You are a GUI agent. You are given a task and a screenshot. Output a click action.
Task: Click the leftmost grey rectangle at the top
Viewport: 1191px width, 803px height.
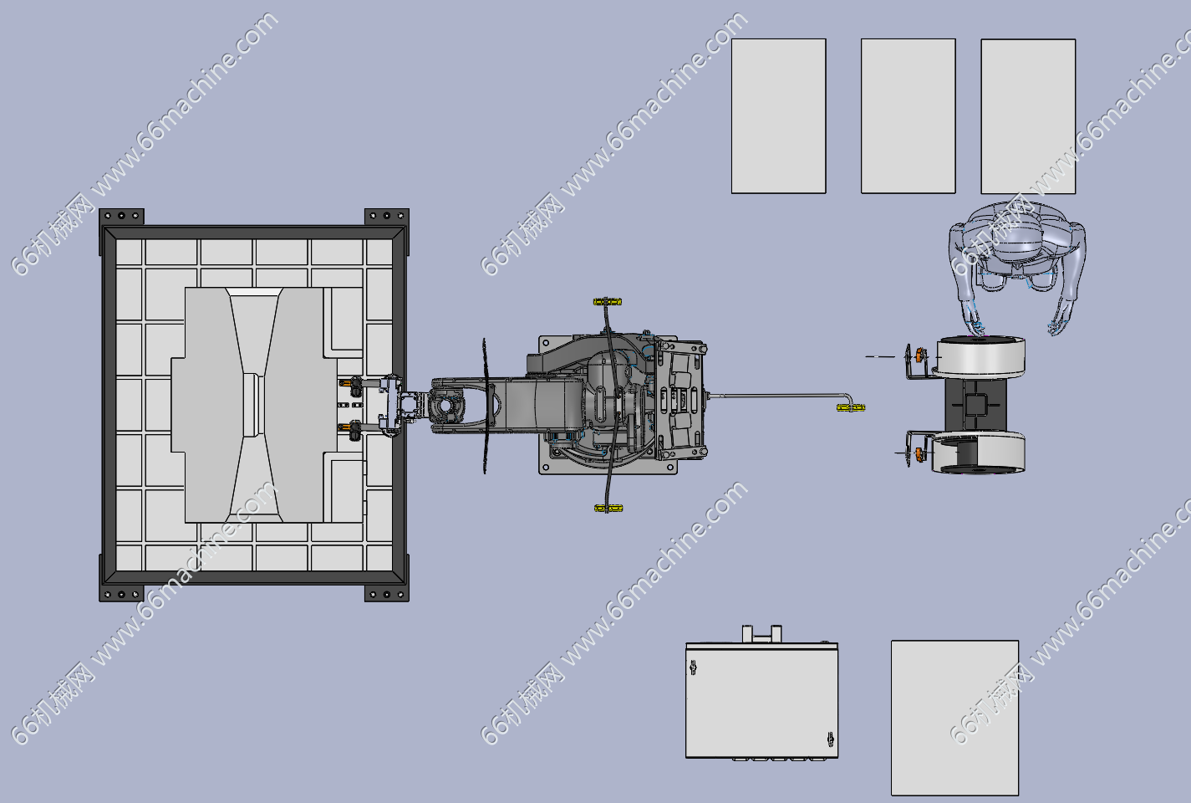[x=778, y=116]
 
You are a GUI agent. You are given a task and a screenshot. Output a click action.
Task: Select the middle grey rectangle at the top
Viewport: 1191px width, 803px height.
[x=909, y=116]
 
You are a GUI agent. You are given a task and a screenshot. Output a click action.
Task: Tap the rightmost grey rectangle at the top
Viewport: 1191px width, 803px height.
[x=1028, y=116]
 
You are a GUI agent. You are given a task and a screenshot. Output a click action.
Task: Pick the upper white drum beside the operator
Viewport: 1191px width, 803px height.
[x=980, y=356]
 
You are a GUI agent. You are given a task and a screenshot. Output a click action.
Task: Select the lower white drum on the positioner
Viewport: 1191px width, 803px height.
[x=979, y=453]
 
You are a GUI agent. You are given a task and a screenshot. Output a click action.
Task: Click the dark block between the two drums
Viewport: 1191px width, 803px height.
[x=975, y=405]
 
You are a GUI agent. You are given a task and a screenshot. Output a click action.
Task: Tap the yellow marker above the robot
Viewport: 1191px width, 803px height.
[x=607, y=302]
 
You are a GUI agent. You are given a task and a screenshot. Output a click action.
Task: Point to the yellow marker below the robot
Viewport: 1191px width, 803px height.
[x=608, y=509]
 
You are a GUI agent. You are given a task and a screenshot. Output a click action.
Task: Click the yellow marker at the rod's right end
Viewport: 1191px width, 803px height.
[x=851, y=407]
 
